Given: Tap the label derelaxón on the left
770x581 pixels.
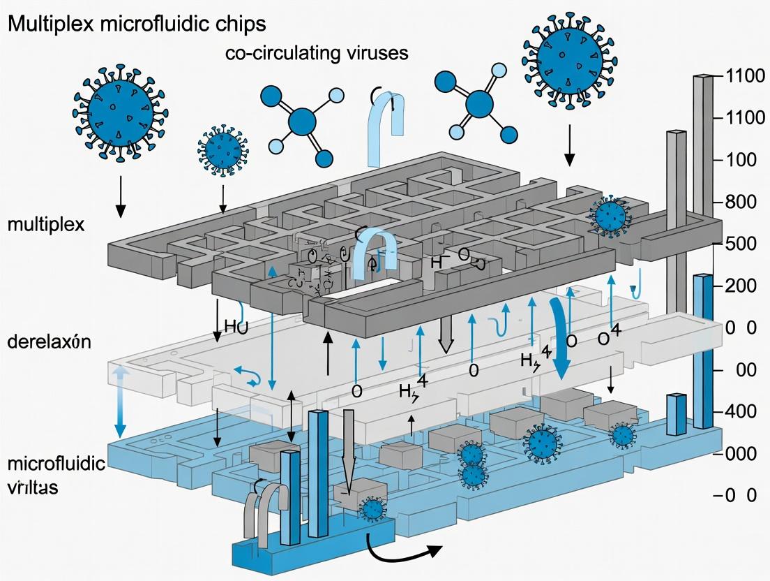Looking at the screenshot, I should click(50, 342).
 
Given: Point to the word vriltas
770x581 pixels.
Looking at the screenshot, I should click(33, 487).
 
